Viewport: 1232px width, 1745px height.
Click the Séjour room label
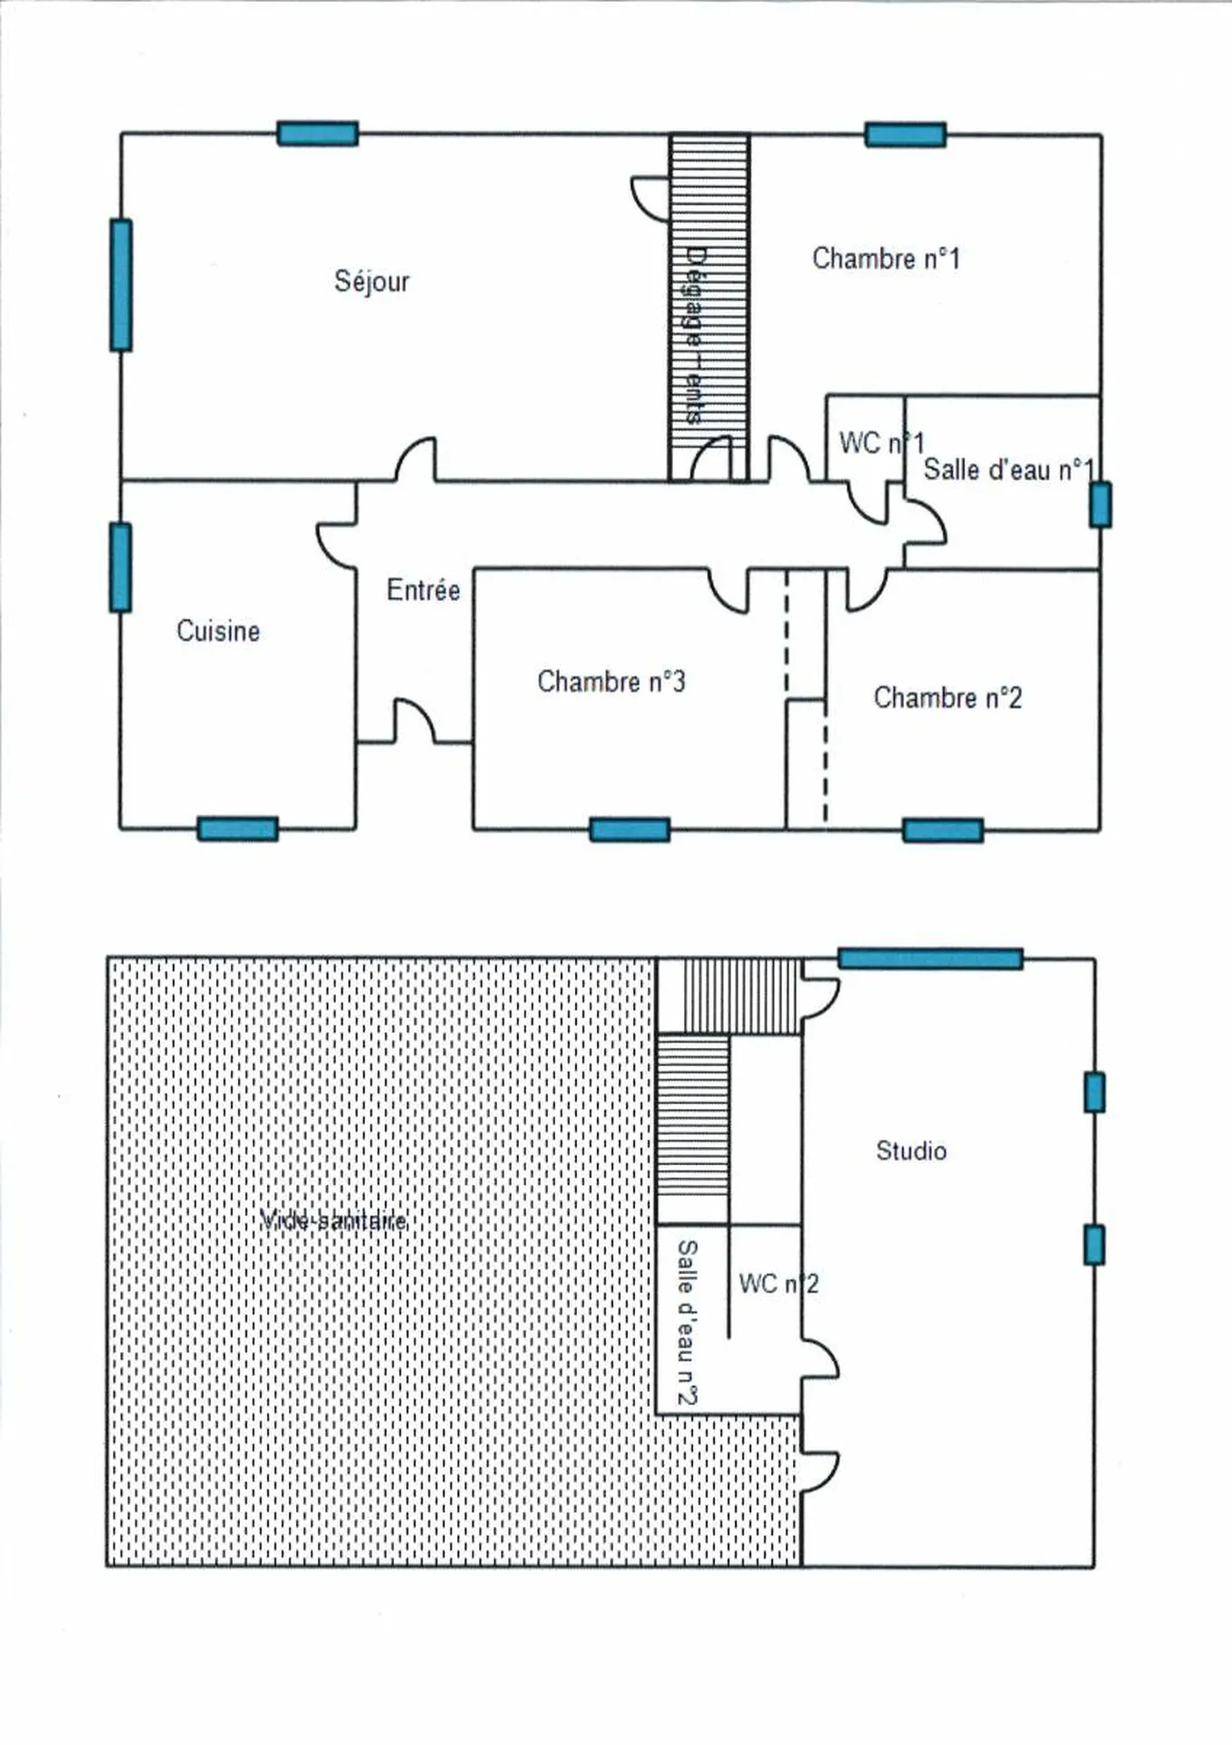(x=372, y=282)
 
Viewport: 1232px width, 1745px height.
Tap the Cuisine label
(x=218, y=631)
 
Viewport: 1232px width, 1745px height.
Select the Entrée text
(x=423, y=591)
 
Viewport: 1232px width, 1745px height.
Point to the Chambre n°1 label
(x=886, y=259)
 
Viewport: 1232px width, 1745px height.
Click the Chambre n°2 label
(x=948, y=698)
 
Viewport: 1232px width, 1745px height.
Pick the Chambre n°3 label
(x=611, y=682)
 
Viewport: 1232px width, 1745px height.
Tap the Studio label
(x=911, y=1151)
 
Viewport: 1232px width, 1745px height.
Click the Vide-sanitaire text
(x=333, y=1221)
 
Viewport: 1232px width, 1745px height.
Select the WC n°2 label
(x=779, y=1284)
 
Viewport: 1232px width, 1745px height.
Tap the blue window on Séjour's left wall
(x=121, y=284)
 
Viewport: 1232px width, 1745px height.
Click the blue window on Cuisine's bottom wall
(x=237, y=829)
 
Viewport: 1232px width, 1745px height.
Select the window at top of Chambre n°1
(x=905, y=135)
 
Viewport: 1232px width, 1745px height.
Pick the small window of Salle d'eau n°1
(x=1100, y=504)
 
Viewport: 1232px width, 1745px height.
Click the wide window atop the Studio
(x=930, y=959)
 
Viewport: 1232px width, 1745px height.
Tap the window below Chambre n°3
(x=630, y=830)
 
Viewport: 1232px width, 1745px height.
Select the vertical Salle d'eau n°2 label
(x=688, y=1322)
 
